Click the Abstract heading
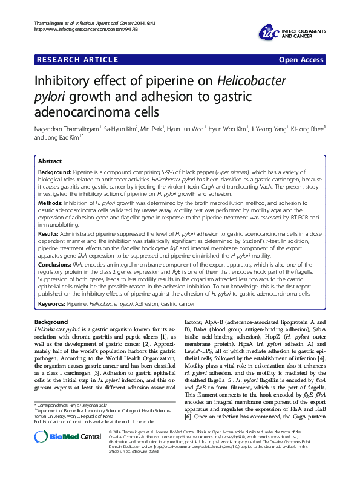click(x=50, y=161)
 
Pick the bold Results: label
click(x=49, y=232)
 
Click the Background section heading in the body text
click(x=51, y=322)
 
